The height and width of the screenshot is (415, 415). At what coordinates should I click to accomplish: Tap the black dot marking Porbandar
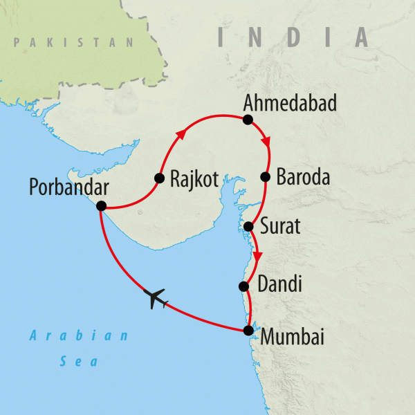pyautogui.click(x=101, y=205)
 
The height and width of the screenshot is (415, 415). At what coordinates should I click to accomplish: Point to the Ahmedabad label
pyautogui.click(x=290, y=104)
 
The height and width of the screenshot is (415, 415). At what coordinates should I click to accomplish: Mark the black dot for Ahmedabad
pyautogui.click(x=247, y=120)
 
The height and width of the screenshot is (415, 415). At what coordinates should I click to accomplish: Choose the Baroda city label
pyautogui.click(x=303, y=177)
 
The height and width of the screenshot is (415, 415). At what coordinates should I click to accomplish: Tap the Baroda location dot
pyautogui.click(x=265, y=177)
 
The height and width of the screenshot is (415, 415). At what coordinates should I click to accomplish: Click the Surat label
pyautogui.click(x=281, y=226)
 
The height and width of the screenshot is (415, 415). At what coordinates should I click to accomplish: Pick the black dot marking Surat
pyautogui.click(x=248, y=226)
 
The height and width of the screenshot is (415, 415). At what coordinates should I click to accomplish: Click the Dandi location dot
pyautogui.click(x=243, y=286)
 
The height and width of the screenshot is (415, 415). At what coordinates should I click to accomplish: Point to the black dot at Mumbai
pyautogui.click(x=248, y=331)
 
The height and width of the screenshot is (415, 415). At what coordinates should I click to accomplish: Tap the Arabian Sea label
pyautogui.click(x=78, y=349)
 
